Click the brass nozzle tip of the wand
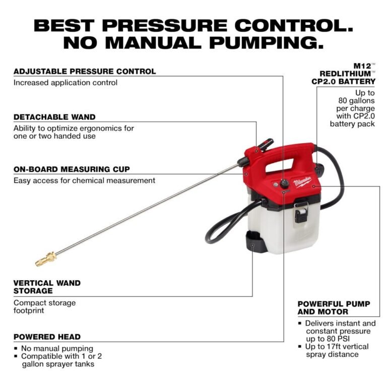[45, 259]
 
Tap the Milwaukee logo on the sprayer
[303, 182]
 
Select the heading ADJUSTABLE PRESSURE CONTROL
[85, 72]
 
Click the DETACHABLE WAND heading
[54, 117]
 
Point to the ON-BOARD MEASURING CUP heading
[72, 169]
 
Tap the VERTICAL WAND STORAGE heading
[47, 287]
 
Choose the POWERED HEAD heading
[47, 337]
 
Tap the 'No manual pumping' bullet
[57, 348]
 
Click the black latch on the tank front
[301, 212]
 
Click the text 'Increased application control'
[66, 82]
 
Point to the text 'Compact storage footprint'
[44, 306]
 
